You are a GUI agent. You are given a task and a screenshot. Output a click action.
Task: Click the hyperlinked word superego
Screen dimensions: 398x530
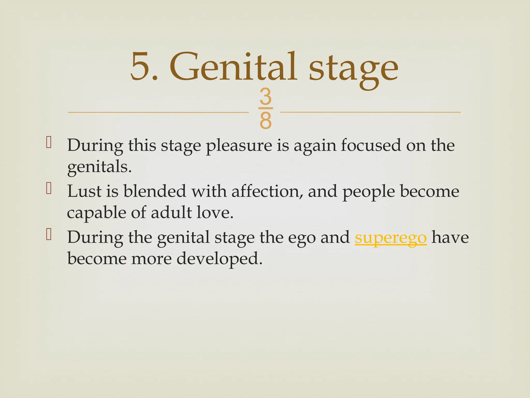[391, 237]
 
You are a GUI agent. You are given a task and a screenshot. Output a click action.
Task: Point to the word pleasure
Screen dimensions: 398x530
[239, 146]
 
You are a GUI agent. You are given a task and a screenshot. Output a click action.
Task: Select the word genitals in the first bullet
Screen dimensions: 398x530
[99, 167]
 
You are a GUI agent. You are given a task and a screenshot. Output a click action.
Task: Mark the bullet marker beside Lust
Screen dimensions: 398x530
[49, 188]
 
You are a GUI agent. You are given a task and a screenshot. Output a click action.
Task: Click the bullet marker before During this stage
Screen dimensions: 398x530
[49, 143]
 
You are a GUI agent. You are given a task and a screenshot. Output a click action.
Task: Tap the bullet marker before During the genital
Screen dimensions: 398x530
[49, 234]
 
